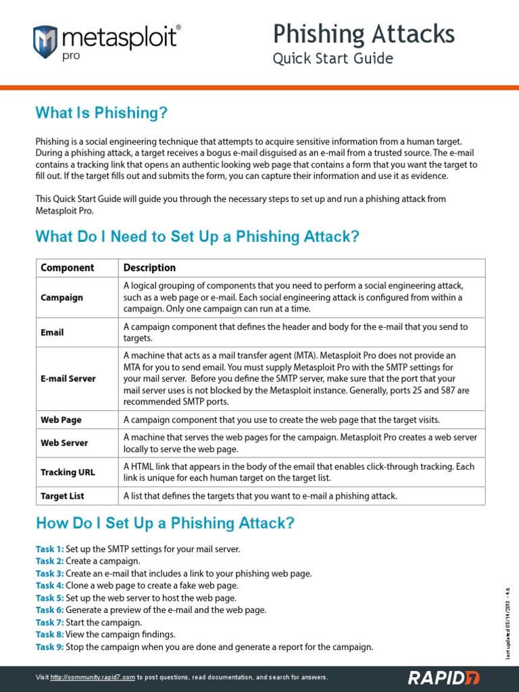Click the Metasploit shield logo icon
[x=45, y=41]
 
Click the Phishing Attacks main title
[x=364, y=33]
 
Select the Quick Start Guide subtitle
[x=332, y=59]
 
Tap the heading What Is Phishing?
[x=101, y=113]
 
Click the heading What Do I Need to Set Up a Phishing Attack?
[x=197, y=237]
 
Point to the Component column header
[x=68, y=268]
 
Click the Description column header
[x=149, y=268]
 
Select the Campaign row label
[x=62, y=297]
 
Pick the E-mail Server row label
[x=68, y=378]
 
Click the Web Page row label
[x=61, y=420]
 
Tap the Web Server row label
[x=64, y=443]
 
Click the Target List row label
[x=62, y=495]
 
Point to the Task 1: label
[x=49, y=549]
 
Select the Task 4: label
[x=49, y=585]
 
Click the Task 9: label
[x=49, y=647]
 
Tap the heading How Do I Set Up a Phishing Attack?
[x=165, y=523]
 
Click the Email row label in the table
[x=53, y=332]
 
